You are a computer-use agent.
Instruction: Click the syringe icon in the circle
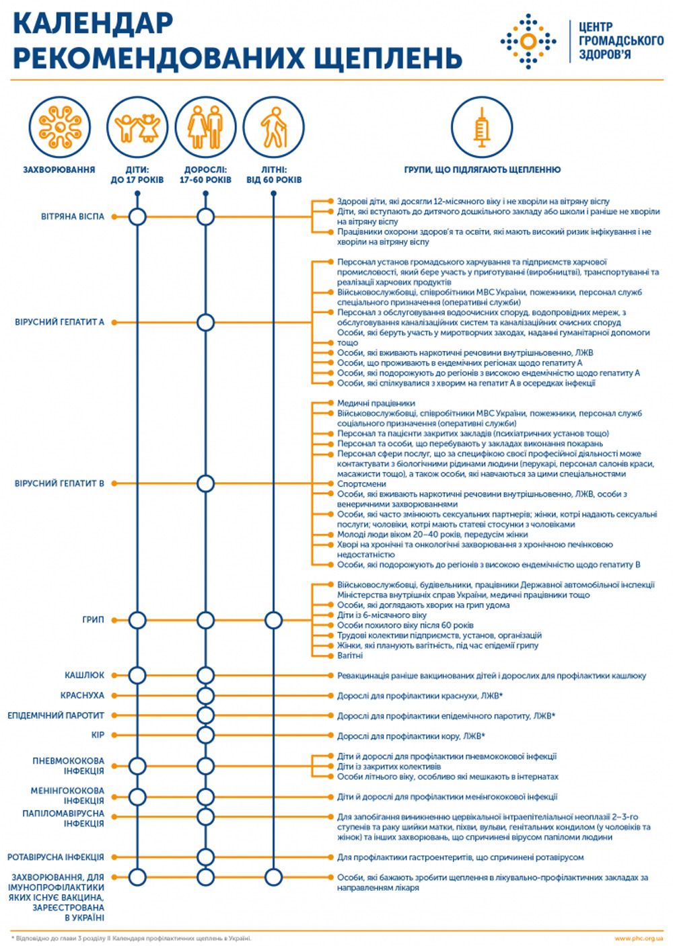coord(481,127)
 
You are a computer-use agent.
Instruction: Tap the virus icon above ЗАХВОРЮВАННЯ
coord(60,127)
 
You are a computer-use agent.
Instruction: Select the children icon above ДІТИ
coord(137,128)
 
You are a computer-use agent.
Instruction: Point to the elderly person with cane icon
coord(274,127)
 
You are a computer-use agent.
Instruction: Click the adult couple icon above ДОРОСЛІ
coord(205,127)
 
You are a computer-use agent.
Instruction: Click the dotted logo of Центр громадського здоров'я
coord(528,41)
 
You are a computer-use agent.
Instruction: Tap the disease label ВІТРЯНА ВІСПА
coord(73,216)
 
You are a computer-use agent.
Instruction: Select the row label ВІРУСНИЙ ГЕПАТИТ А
coord(60,322)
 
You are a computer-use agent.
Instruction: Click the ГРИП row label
coord(93,620)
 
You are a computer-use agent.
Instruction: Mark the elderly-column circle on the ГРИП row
coord(273,621)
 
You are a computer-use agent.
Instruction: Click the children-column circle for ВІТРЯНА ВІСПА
coord(137,216)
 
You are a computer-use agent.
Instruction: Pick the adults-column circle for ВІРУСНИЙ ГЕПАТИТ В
coord(205,483)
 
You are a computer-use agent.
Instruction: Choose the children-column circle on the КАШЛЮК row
coord(137,675)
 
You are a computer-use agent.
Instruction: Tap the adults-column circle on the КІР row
coord(205,736)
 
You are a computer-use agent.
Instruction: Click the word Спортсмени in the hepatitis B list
coord(361,484)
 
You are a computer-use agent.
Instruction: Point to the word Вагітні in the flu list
coord(350,656)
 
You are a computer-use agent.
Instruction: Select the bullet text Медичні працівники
coord(376,403)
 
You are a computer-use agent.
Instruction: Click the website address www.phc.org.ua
coord(639,939)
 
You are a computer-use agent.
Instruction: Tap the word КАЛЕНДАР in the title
coord(93,24)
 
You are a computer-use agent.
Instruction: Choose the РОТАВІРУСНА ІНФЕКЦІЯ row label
coord(56,857)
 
